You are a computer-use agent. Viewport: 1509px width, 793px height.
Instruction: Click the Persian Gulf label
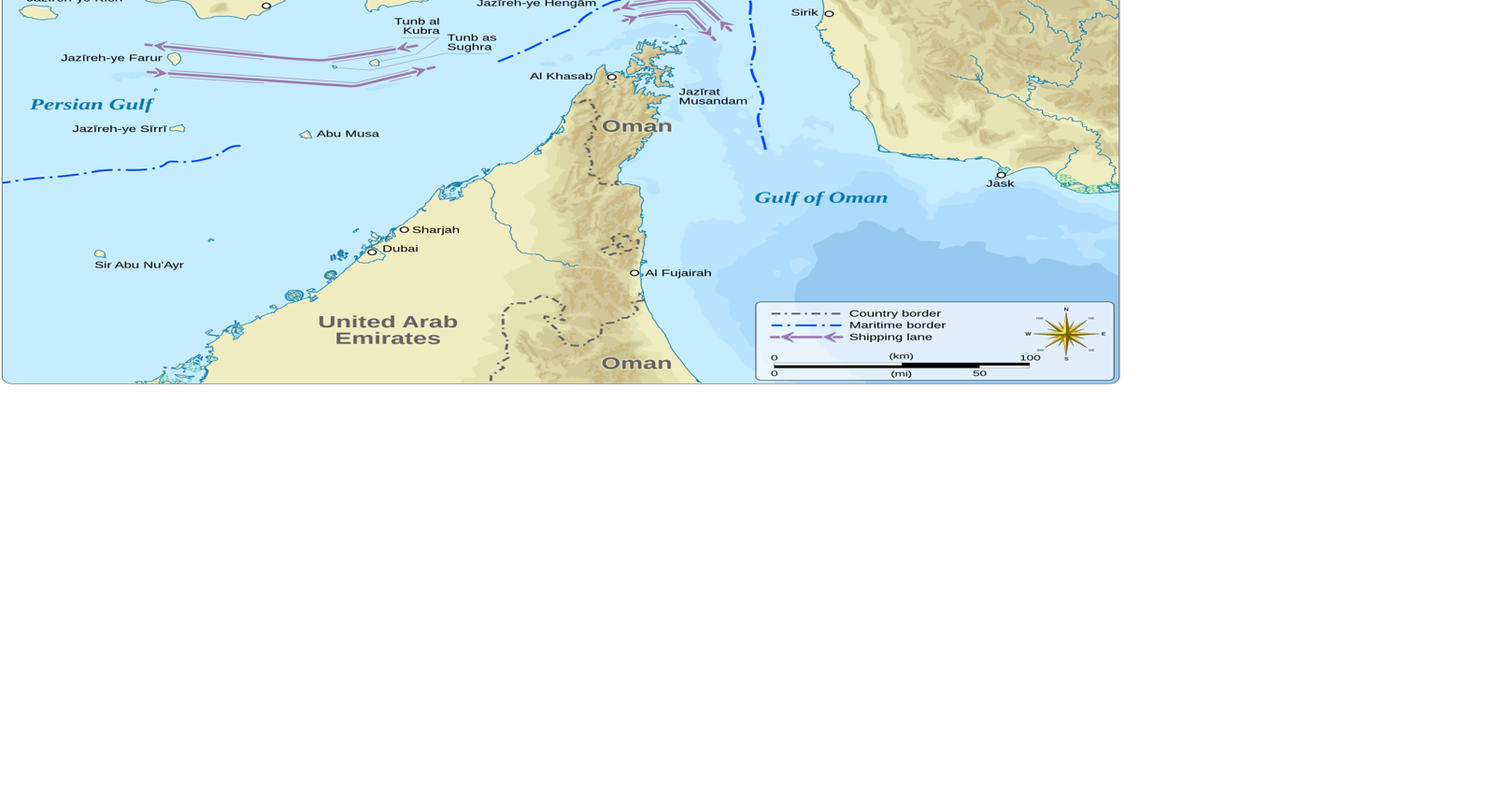point(92,105)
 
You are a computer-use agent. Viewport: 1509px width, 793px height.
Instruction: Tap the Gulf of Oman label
point(820,197)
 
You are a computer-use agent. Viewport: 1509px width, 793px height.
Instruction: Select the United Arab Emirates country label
point(388,330)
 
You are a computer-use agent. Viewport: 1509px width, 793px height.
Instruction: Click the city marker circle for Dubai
point(372,252)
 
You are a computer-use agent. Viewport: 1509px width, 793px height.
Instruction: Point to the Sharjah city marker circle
point(404,229)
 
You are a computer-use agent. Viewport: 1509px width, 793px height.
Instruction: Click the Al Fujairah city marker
point(634,273)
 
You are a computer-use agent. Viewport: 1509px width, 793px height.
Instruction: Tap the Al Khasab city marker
point(612,77)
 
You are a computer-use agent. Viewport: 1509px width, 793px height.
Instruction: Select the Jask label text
point(1000,184)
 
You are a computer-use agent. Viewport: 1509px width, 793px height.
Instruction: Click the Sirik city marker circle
point(829,14)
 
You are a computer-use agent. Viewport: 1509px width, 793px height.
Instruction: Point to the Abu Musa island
point(306,135)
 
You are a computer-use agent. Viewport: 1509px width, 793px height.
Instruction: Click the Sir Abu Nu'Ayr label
point(139,266)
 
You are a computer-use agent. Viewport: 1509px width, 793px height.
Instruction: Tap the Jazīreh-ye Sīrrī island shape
point(178,128)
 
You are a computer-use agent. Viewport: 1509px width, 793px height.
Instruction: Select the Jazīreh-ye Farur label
point(111,58)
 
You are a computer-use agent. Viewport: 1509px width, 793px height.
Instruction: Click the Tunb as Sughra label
point(471,42)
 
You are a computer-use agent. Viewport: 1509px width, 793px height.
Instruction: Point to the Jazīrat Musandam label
point(712,96)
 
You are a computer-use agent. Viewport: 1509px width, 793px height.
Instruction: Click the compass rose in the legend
point(1066,334)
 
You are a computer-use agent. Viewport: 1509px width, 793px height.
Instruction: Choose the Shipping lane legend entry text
point(890,337)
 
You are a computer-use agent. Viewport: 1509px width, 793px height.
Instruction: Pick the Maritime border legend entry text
point(896,325)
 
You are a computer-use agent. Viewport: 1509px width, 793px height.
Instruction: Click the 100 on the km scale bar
point(1030,357)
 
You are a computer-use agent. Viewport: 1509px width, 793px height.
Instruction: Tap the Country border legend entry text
point(894,313)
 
